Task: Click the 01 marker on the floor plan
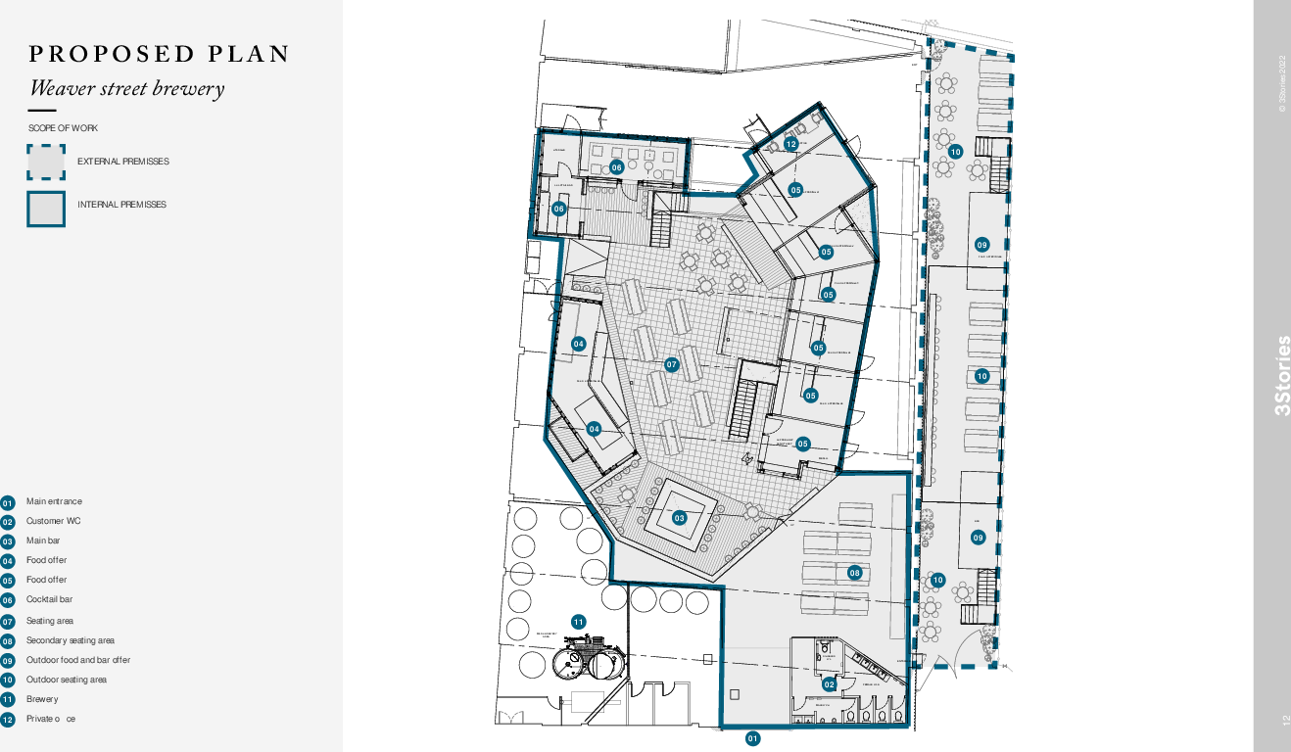(x=753, y=738)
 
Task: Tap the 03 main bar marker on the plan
(x=680, y=518)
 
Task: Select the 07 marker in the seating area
(x=672, y=365)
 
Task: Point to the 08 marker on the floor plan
(x=855, y=573)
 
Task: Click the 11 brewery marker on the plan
(x=579, y=622)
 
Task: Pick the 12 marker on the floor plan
(x=791, y=144)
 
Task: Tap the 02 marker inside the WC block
(x=830, y=684)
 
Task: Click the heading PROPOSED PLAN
(x=160, y=54)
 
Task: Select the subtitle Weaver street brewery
(x=126, y=88)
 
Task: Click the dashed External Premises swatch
(x=46, y=162)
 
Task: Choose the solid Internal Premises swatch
(x=46, y=208)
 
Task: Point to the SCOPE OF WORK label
(x=63, y=128)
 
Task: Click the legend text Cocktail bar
(x=49, y=599)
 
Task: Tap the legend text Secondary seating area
(x=71, y=640)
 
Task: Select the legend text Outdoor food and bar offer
(x=78, y=660)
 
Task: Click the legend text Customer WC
(x=54, y=521)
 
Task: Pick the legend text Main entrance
(x=55, y=501)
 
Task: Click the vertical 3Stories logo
(x=1282, y=376)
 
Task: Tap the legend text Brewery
(x=42, y=699)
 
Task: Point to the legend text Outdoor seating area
(x=67, y=680)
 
